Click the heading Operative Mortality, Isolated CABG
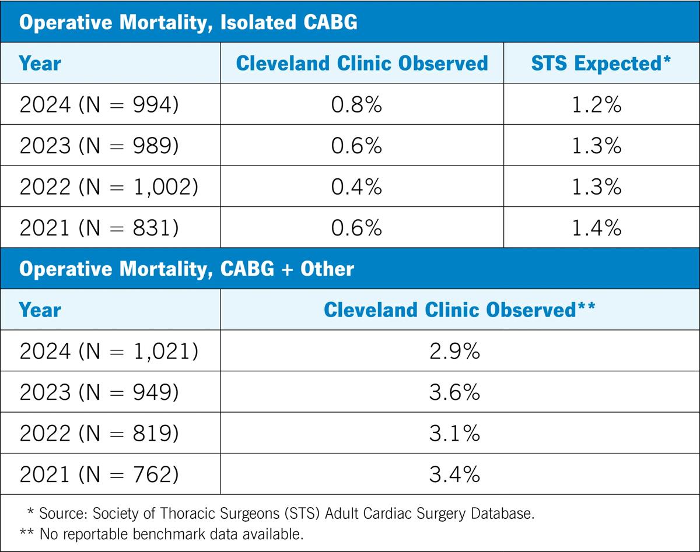click(x=188, y=23)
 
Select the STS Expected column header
click(x=601, y=63)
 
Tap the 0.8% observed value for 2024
click(x=356, y=105)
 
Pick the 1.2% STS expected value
click(x=597, y=105)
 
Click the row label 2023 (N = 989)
click(x=99, y=145)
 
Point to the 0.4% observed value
click(x=356, y=187)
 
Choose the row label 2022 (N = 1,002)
click(x=109, y=187)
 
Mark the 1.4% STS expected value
click(x=597, y=228)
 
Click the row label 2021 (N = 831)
click(x=99, y=228)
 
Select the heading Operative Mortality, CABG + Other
click(x=187, y=269)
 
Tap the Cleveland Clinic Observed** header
click(x=460, y=310)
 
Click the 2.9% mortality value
click(x=455, y=351)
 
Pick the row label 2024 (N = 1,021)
click(x=109, y=351)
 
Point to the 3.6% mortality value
click(x=455, y=392)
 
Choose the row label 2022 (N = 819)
click(x=99, y=433)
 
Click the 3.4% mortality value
click(x=455, y=474)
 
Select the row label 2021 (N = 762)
click(x=99, y=474)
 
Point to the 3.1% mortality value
click(x=455, y=433)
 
